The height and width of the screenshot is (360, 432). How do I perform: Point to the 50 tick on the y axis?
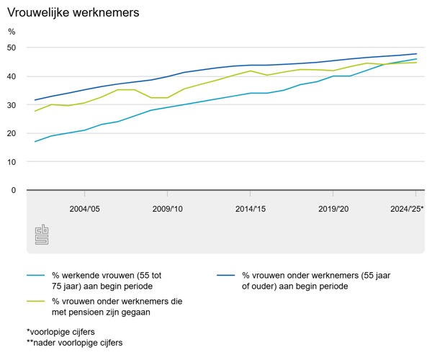click(x=12, y=48)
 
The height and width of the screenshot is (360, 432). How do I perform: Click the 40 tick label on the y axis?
click(x=12, y=76)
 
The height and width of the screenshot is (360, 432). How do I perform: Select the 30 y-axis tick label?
click(x=12, y=104)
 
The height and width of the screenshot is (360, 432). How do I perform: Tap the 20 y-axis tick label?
click(x=12, y=133)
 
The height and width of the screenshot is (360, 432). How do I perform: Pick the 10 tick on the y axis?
click(x=12, y=161)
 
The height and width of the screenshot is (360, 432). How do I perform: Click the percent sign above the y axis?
click(x=12, y=32)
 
